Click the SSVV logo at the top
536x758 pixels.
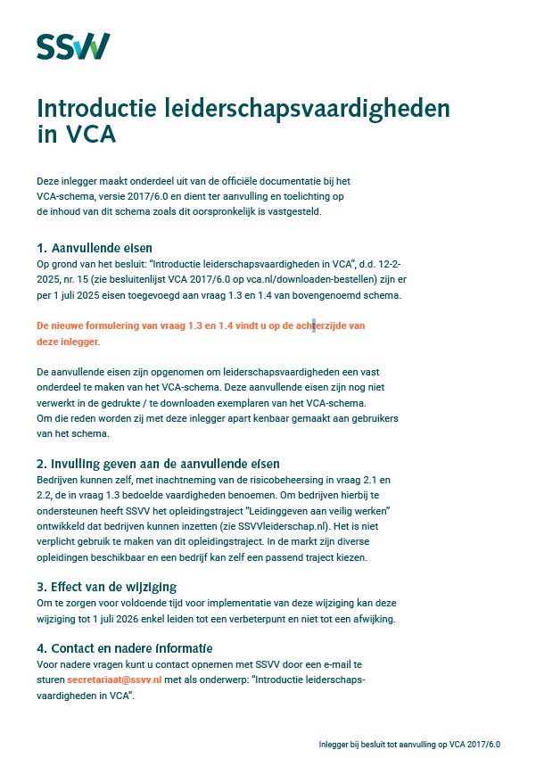tap(73, 45)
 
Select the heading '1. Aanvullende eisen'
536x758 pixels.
tap(95, 247)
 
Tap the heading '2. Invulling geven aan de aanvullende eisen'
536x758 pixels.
tap(158, 463)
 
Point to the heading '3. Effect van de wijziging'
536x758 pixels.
tap(106, 586)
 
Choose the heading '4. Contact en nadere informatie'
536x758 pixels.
tap(125, 647)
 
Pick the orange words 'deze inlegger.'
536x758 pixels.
tap(68, 342)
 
